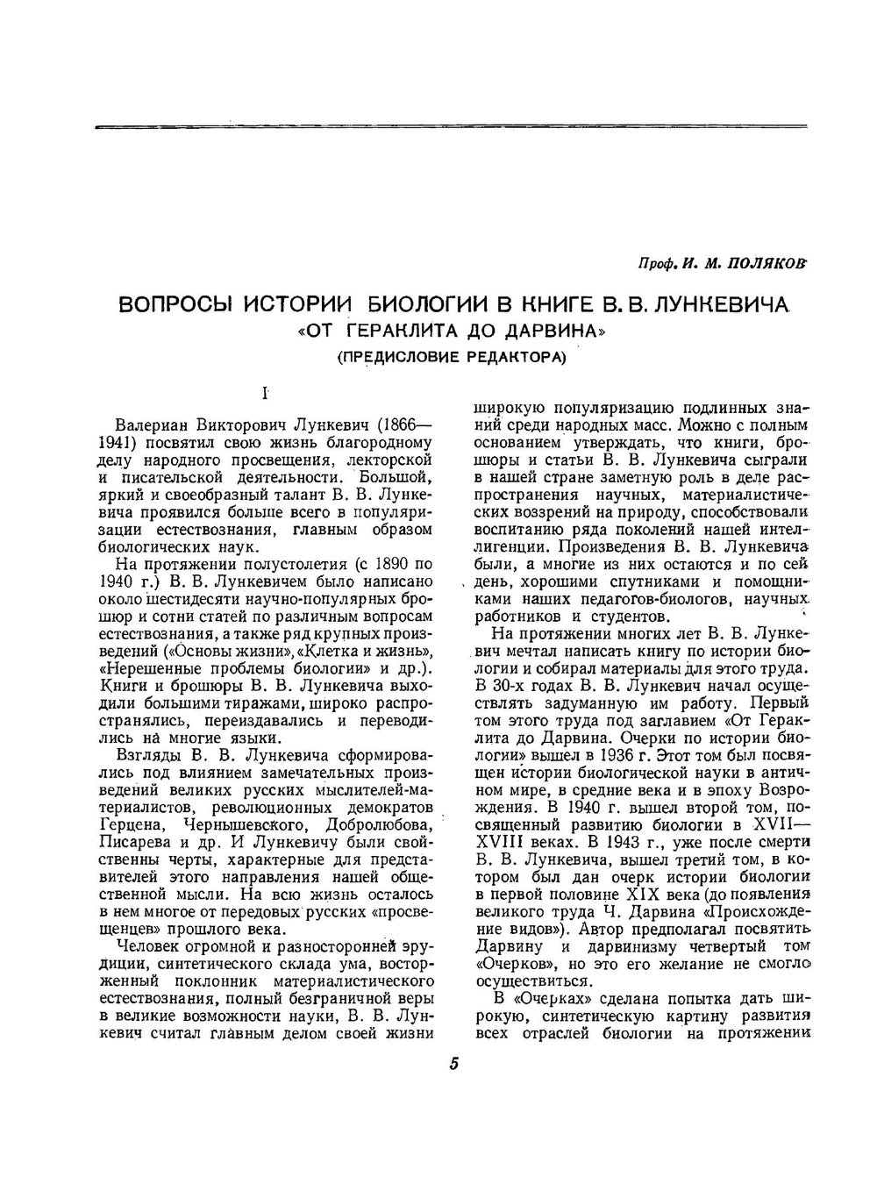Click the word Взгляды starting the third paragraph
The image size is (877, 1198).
click(x=146, y=755)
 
